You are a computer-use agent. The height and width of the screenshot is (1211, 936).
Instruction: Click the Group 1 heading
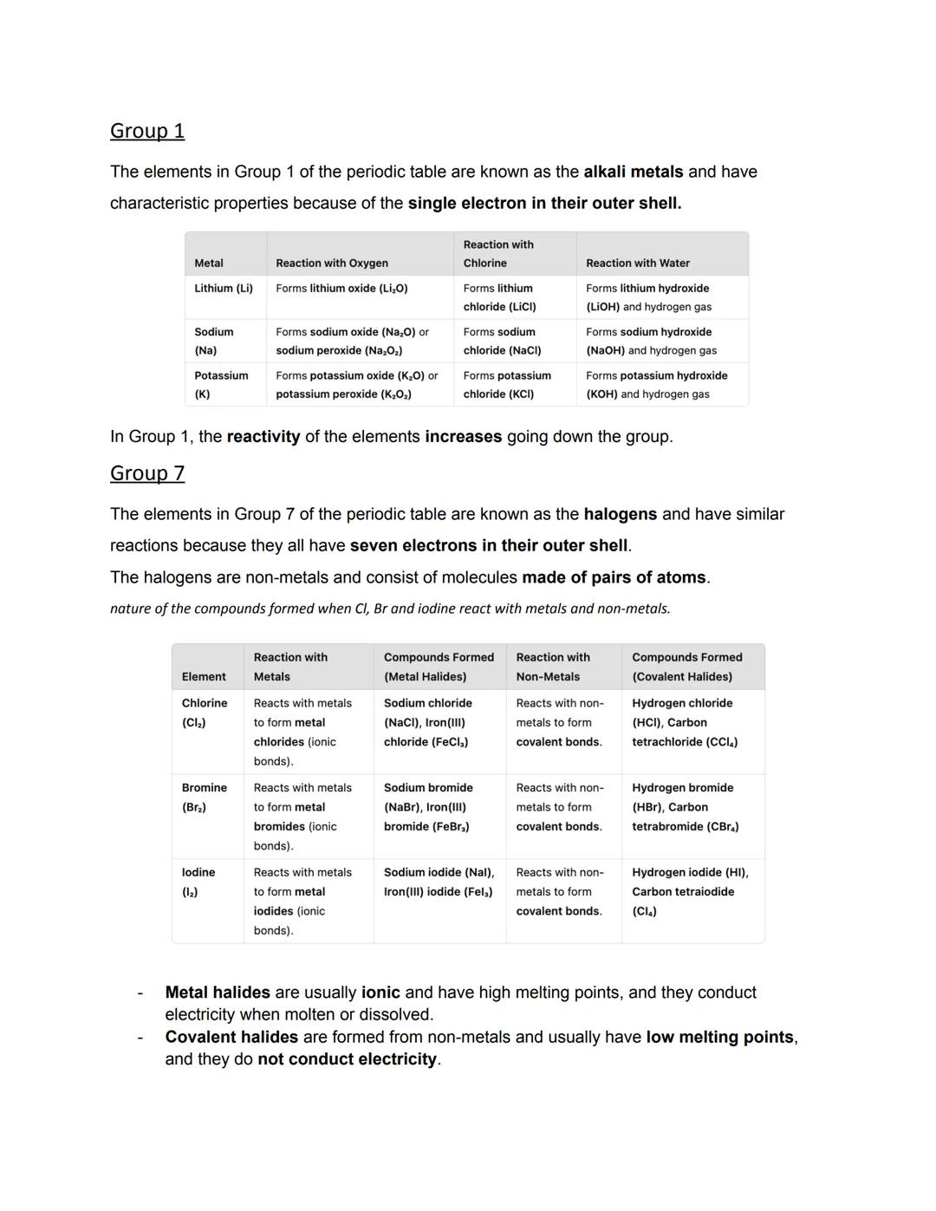[147, 131]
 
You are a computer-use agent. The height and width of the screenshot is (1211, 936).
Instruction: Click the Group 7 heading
[147, 473]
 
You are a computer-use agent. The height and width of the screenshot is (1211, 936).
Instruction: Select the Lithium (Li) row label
[224, 289]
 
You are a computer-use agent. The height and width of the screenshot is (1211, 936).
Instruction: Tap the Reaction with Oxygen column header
[332, 264]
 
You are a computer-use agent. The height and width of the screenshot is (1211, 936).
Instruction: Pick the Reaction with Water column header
[638, 264]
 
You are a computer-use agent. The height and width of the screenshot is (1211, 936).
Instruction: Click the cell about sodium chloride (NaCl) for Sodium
[503, 342]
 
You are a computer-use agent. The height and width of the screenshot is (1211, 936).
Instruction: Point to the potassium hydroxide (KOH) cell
[656, 385]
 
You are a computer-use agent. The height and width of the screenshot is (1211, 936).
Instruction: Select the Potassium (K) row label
[221, 385]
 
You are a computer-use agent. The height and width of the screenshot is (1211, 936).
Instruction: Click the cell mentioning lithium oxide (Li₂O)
[341, 289]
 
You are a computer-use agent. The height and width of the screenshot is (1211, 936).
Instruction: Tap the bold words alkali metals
[634, 172]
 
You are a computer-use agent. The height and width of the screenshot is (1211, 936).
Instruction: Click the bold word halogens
[621, 514]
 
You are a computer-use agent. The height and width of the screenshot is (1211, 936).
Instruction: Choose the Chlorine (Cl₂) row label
[205, 713]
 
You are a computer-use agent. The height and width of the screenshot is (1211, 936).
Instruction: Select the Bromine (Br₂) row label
[205, 798]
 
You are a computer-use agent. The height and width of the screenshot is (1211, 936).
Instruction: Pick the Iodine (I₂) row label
[198, 882]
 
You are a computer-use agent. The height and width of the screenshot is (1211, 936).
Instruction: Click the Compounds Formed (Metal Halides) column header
[439, 667]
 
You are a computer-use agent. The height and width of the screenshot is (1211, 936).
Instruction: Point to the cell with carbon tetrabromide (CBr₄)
[686, 807]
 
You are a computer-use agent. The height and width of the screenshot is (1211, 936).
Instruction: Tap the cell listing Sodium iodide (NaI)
[439, 882]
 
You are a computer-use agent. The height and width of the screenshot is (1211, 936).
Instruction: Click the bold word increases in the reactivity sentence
[463, 437]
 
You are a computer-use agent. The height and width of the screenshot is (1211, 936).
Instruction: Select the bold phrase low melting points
[720, 1038]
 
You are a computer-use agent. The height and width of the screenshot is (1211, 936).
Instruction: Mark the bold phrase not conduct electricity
[348, 1059]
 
